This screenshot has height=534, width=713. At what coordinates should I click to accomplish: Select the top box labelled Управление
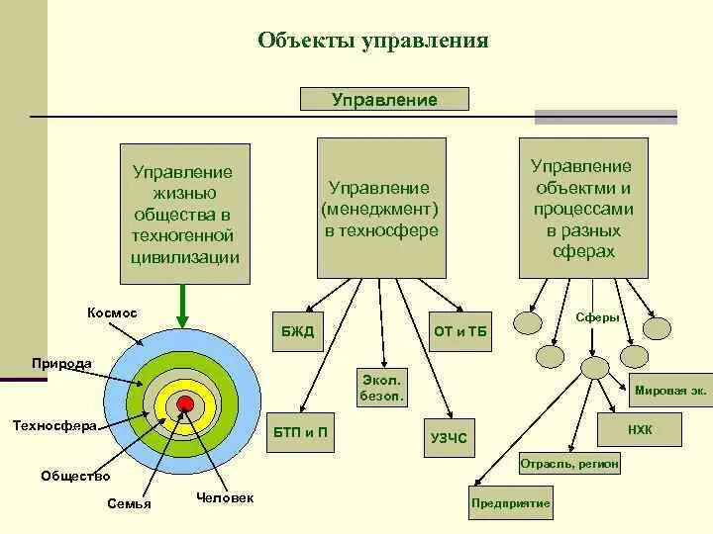click(384, 99)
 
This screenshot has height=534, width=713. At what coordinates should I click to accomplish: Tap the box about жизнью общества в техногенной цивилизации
click(183, 213)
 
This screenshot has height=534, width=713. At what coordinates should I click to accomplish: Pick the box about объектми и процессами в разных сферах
click(583, 209)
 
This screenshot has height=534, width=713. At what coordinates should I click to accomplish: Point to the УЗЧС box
click(449, 437)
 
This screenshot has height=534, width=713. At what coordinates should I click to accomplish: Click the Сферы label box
click(598, 318)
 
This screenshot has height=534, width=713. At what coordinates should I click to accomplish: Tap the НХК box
click(640, 429)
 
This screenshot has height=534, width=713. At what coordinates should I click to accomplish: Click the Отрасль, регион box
click(569, 463)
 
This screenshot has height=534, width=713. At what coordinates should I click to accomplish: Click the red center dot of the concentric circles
click(184, 401)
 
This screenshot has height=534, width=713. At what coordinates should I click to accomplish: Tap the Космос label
click(112, 312)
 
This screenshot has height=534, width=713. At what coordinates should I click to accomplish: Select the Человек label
click(225, 497)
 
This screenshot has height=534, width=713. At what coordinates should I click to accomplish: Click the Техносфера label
click(53, 426)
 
